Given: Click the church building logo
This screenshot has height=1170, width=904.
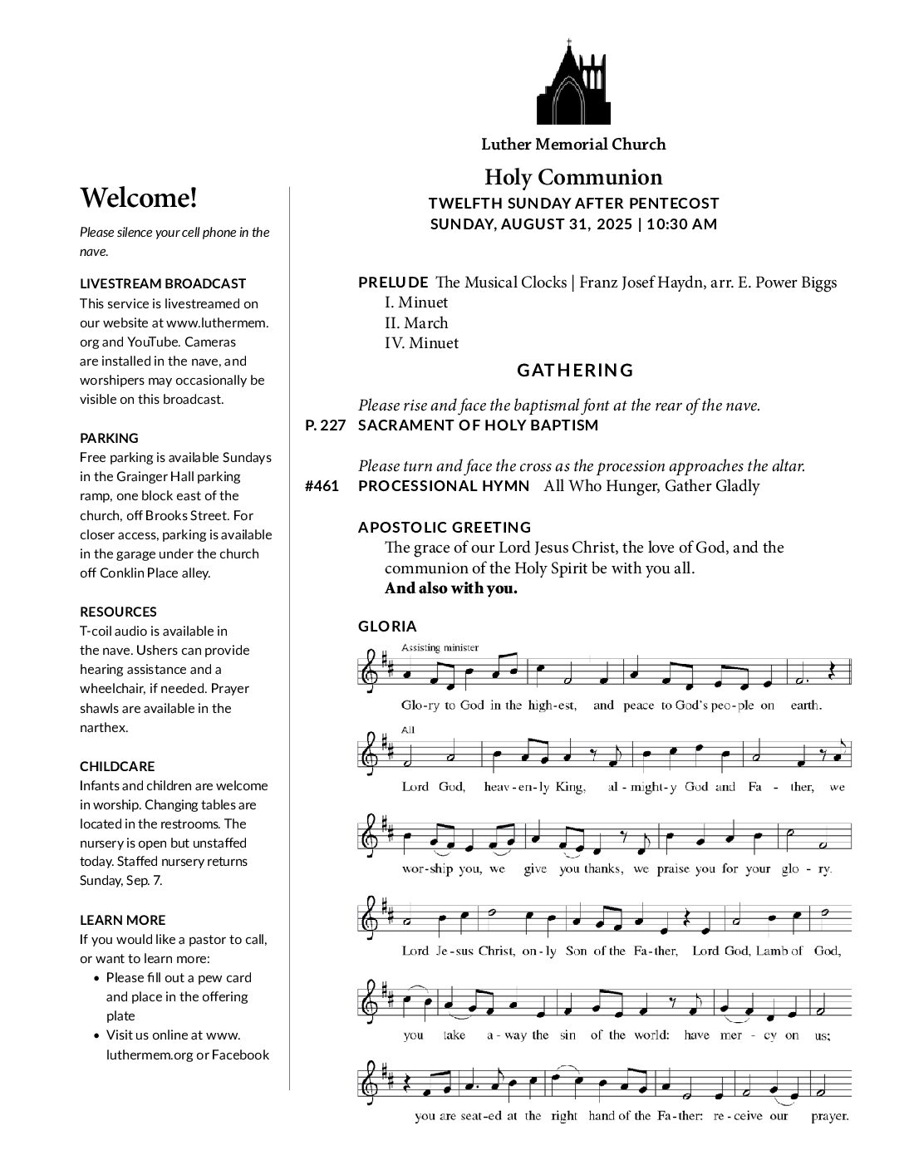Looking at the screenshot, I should [573, 83].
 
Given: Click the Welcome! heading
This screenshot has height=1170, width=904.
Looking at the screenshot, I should [139, 198].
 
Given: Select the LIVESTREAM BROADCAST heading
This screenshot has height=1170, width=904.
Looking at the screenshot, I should [163, 283].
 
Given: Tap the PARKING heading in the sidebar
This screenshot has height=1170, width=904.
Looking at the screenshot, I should [109, 438].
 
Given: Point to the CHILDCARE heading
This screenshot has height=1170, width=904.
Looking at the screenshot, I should [117, 766].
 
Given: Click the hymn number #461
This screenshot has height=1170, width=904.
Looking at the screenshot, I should [322, 486].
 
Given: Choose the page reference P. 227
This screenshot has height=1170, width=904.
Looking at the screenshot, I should [325, 425].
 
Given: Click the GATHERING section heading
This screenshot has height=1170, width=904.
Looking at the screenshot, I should [575, 371].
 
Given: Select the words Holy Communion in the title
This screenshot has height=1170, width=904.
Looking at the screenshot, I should [573, 177].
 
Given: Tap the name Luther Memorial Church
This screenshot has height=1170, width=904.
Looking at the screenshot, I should [573, 144].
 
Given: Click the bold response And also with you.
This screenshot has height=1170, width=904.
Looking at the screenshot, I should [450, 589].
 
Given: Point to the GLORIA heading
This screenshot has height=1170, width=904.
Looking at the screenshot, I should [387, 627].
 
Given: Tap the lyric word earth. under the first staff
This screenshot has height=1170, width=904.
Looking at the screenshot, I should [805, 705].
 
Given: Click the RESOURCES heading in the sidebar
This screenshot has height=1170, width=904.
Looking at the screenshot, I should [118, 612].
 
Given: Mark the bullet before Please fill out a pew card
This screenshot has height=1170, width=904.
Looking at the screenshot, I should [98, 978].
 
